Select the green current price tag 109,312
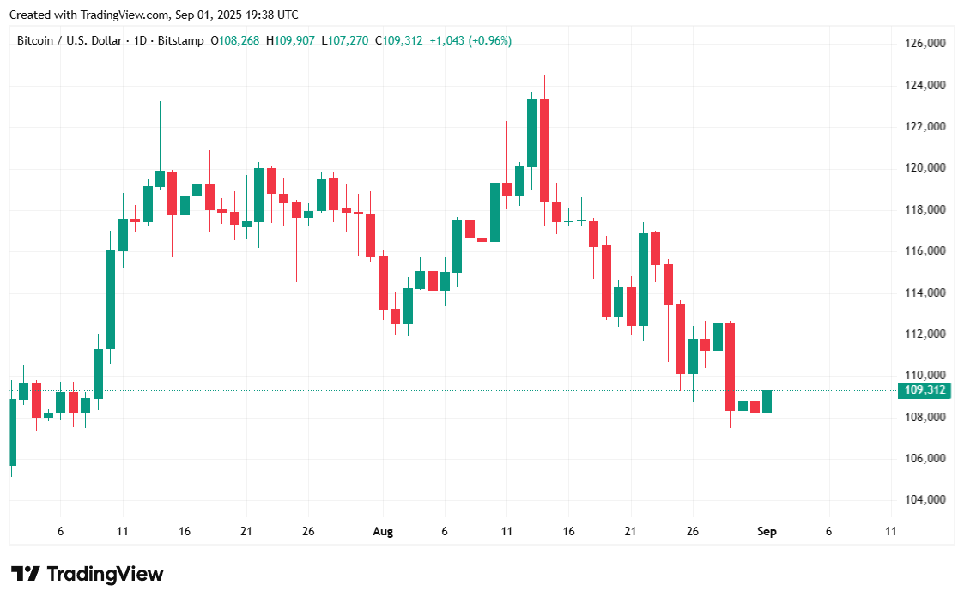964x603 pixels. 924,391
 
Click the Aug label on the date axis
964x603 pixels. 383,532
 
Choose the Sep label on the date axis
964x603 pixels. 767,532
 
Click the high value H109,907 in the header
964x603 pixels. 291,40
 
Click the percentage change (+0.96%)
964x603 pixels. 490,40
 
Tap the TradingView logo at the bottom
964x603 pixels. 87,574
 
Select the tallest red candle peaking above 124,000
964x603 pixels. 544,150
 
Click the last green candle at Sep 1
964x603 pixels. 767,401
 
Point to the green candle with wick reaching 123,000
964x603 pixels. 160,178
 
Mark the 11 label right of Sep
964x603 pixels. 890,532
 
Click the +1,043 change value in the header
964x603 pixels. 446,40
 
